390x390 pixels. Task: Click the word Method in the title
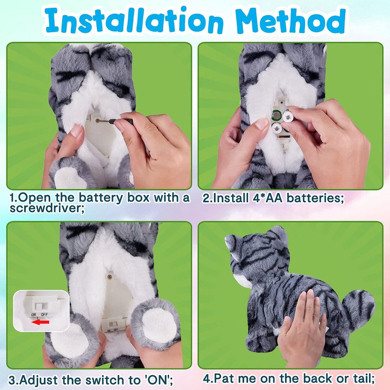tap(291, 21)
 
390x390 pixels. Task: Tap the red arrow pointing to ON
tap(40, 322)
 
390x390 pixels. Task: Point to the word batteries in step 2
tap(315, 198)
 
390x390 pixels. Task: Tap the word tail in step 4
tap(364, 379)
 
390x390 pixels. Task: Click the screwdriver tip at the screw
tap(97, 120)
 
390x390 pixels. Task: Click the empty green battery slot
tap(276, 115)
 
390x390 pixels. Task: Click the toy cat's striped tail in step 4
tap(357, 308)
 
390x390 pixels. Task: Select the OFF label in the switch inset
tap(44, 314)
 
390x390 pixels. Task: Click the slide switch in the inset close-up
tap(39, 306)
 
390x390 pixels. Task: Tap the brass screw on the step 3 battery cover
tap(109, 276)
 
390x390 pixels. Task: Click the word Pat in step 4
tap(224, 379)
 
